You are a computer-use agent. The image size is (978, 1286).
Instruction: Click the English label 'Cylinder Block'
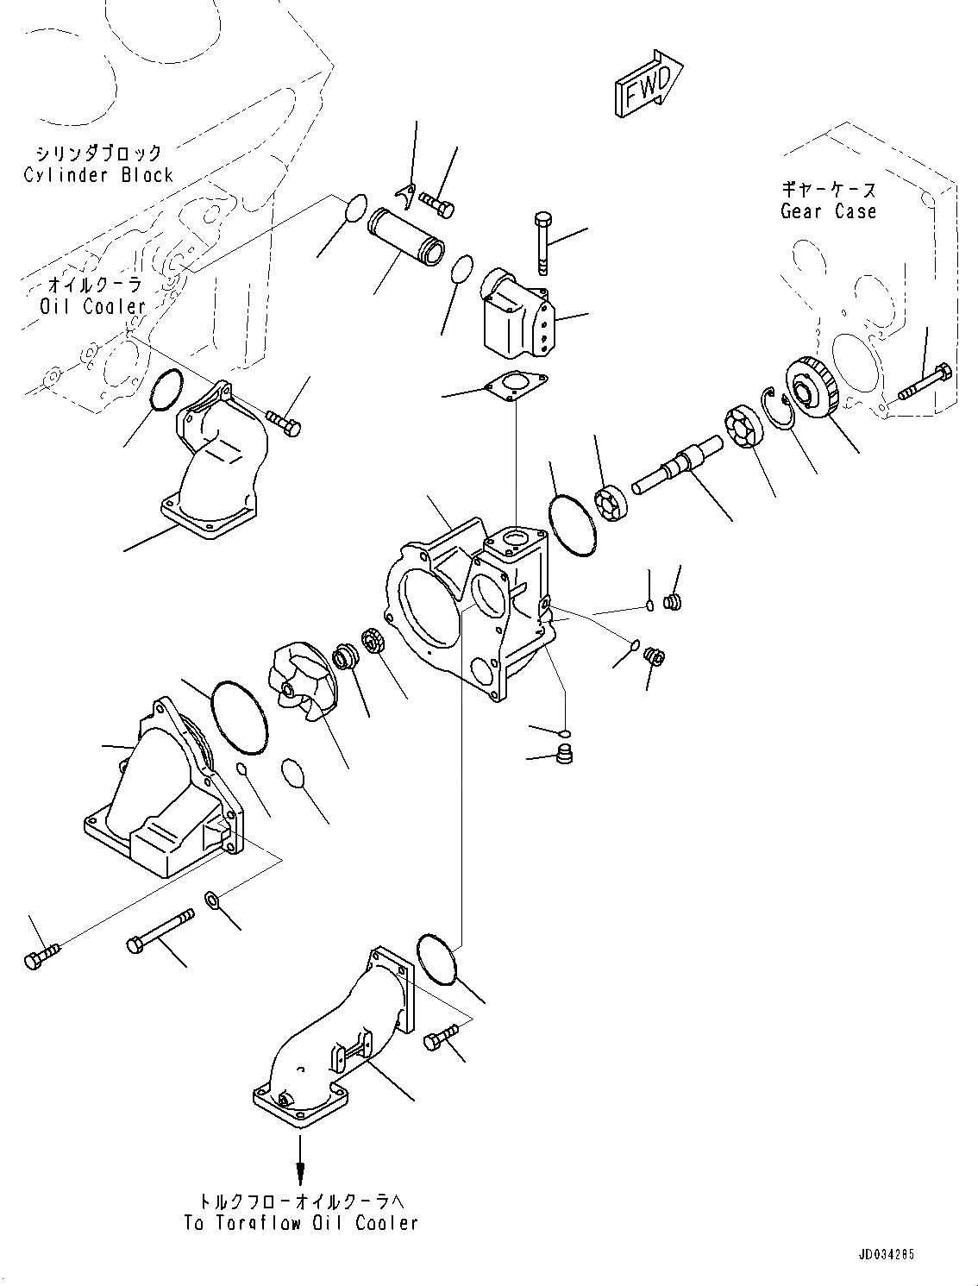pyautogui.click(x=98, y=175)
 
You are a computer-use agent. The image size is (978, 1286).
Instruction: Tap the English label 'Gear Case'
pyautogui.click(x=828, y=211)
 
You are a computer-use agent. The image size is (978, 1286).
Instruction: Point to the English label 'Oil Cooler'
pyautogui.click(x=93, y=306)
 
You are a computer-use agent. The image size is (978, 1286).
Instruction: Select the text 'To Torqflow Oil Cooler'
pyautogui.click(x=301, y=1222)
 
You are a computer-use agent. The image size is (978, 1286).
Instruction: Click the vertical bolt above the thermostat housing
pyautogui.click(x=542, y=242)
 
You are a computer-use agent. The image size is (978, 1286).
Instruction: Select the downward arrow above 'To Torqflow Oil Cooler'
pyautogui.click(x=300, y=1156)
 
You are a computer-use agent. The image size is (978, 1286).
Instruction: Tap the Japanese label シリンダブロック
pyautogui.click(x=97, y=154)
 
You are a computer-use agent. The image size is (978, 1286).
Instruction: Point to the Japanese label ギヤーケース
pyautogui.click(x=829, y=190)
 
